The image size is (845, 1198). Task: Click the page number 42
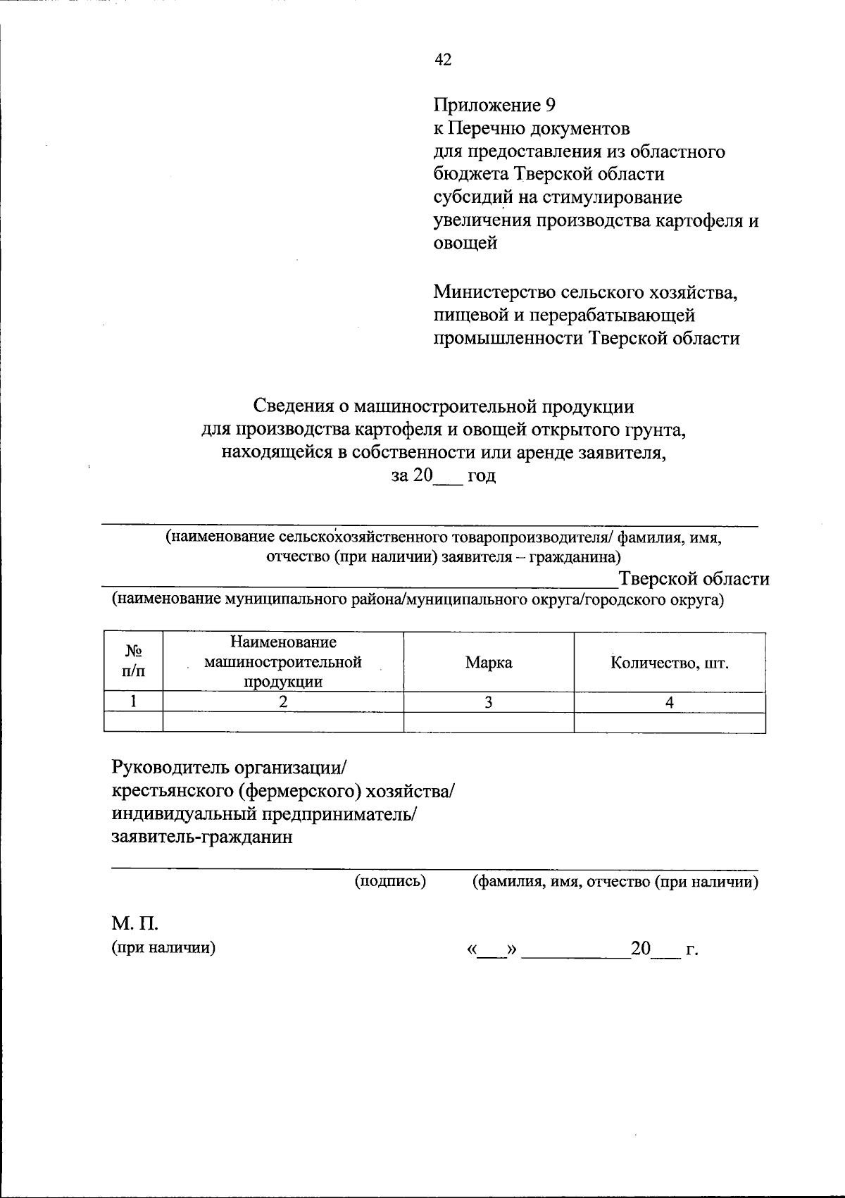click(x=443, y=60)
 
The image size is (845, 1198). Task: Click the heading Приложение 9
click(x=494, y=106)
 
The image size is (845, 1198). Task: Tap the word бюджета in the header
click(x=470, y=174)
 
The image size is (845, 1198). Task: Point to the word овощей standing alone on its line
click(x=465, y=243)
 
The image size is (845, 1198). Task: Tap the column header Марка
click(x=489, y=663)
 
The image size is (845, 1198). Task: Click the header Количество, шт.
click(x=669, y=663)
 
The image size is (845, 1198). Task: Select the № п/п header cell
click(x=133, y=662)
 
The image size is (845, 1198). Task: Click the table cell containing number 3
click(x=489, y=702)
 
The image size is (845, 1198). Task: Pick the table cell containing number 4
click(x=670, y=702)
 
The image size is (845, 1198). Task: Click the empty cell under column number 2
click(x=283, y=723)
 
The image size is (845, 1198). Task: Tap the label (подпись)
click(x=391, y=881)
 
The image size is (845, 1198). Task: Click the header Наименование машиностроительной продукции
click(x=283, y=662)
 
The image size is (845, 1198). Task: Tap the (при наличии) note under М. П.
click(x=163, y=947)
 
